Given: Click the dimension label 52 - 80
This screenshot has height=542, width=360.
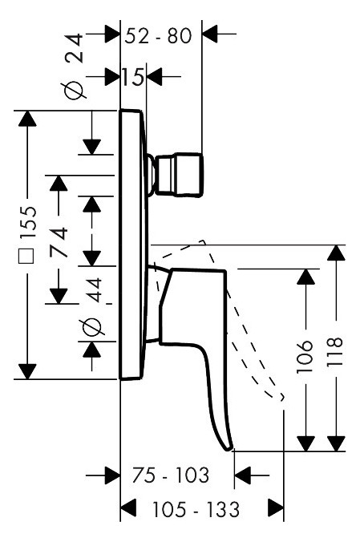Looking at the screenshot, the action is pyautogui.click(x=158, y=36).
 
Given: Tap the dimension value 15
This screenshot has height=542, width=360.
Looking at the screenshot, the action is pyautogui.click(x=132, y=77).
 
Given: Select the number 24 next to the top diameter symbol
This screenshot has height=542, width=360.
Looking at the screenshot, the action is pyautogui.click(x=75, y=48).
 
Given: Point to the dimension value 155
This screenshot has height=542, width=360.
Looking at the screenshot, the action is pyautogui.click(x=28, y=222).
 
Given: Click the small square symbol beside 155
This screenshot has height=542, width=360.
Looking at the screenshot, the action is pyautogui.click(x=27, y=256).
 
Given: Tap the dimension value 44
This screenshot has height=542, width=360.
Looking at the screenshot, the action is pyautogui.click(x=93, y=289).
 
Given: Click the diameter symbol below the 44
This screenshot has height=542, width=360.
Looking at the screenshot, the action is pyautogui.click(x=91, y=327).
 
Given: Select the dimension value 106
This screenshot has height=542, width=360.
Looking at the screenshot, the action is pyautogui.click(x=305, y=356).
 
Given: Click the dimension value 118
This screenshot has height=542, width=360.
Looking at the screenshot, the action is pyautogui.click(x=335, y=351).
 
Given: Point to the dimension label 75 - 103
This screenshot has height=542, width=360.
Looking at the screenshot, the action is pyautogui.click(x=171, y=475).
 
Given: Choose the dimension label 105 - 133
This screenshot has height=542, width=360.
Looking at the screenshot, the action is pyautogui.click(x=196, y=509).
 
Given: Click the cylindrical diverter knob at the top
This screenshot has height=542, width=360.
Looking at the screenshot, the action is pyautogui.click(x=179, y=175).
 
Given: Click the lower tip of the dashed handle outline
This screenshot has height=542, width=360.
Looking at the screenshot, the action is pyautogui.click(x=282, y=398).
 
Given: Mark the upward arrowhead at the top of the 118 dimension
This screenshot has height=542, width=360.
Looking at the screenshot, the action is pyautogui.click(x=336, y=253).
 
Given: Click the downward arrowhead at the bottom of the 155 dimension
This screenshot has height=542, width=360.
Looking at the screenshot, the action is pyautogui.click(x=27, y=371).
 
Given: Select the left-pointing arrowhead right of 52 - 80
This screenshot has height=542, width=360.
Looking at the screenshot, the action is pyautogui.click(x=210, y=34).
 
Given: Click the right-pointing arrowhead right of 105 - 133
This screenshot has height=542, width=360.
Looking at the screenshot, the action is pyautogui.click(x=276, y=508).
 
